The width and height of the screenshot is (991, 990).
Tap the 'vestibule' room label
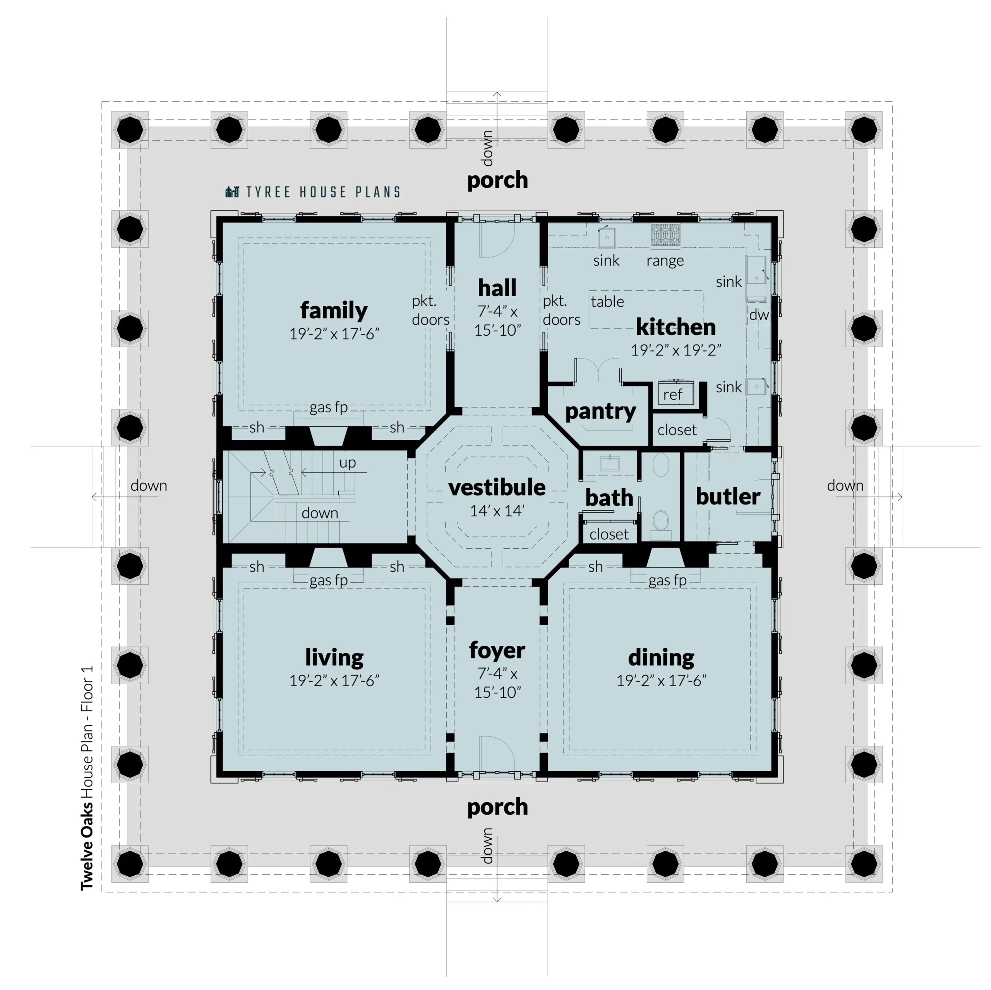pos(497,488)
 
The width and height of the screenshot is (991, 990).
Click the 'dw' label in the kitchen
pos(759,315)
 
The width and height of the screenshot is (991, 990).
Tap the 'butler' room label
pos(727,496)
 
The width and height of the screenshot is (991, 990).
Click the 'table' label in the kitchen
pos(607,302)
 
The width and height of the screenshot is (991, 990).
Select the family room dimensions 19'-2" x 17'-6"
pos(334,334)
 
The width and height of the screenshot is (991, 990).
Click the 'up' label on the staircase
pos(347,463)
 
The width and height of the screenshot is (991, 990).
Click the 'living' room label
pos(334,657)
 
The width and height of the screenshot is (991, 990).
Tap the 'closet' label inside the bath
pos(609,535)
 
